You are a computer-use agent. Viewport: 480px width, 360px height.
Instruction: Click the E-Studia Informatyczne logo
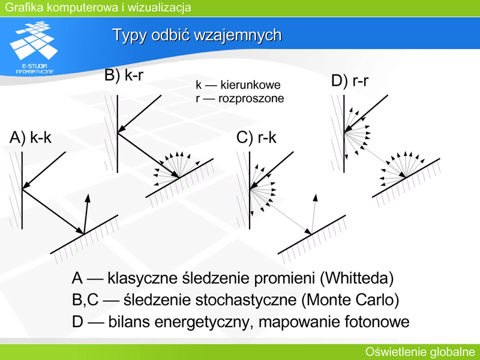pos(34,47)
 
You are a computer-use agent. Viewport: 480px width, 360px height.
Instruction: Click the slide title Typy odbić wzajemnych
pos(197,35)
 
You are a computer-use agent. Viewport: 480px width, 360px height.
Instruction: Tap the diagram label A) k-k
pos(31,137)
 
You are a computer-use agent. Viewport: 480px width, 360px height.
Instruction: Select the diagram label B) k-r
pos(124,74)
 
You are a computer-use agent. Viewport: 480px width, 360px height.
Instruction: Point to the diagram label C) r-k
pos(256,137)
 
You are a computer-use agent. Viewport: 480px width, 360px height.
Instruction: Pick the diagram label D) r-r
pos(350,81)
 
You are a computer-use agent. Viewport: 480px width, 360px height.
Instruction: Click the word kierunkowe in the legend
pos(250,85)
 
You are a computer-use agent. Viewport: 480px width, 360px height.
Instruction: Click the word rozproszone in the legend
pos(251,98)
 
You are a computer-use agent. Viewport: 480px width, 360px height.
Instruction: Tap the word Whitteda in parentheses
pos(356,278)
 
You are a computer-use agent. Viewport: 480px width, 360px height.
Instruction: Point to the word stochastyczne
pos(246,300)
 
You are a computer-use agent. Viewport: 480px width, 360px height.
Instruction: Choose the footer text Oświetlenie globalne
pos(420,352)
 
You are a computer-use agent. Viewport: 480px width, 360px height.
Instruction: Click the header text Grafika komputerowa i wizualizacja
pos(98,7)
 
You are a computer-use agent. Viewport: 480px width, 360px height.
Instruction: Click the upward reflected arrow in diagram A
pos(86,214)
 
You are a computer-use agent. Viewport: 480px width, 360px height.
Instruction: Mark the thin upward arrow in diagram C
pos(313,214)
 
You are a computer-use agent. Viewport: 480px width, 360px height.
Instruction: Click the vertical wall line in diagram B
pos(118,134)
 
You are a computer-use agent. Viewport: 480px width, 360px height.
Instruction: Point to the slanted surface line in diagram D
pos(406,178)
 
